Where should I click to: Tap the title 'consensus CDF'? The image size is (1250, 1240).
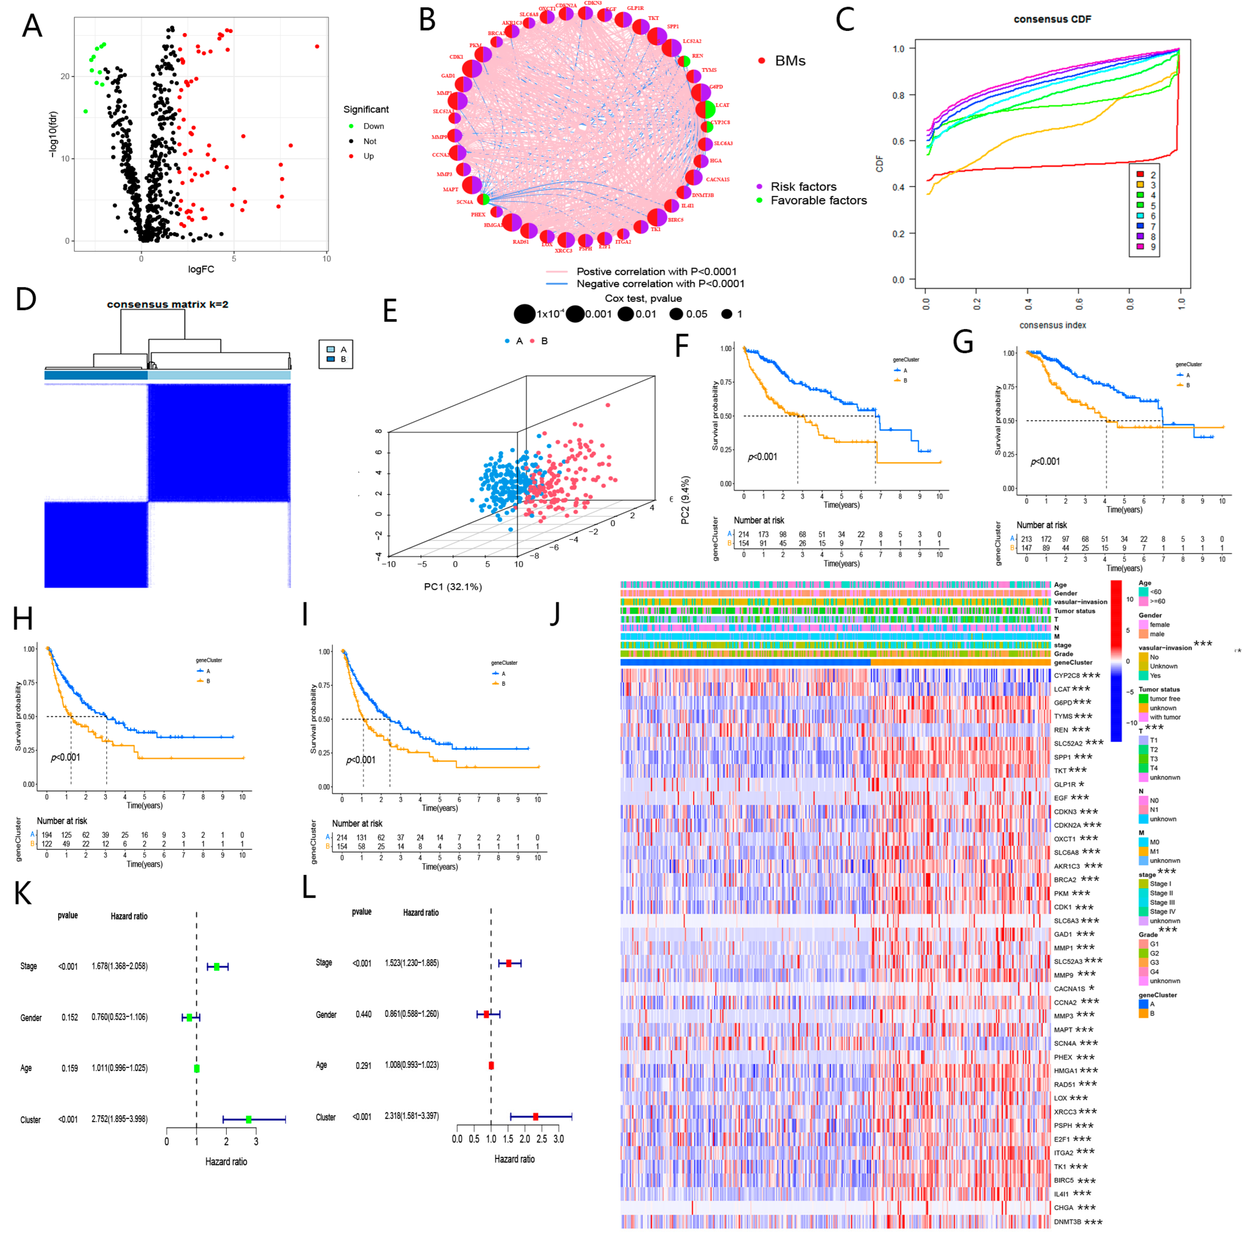1052,19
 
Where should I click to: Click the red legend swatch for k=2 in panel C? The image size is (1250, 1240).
1140,175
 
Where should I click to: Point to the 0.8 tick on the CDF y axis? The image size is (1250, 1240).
898,95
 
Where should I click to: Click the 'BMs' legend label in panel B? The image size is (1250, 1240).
790,61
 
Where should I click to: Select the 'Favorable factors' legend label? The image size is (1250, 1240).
818,201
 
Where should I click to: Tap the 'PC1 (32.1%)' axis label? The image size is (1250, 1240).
453,587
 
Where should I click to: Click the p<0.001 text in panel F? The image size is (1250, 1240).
762,457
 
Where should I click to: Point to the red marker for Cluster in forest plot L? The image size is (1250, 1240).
535,1116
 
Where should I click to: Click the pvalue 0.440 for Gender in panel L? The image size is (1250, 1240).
363,1014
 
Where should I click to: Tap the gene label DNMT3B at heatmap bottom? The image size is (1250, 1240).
1068,1222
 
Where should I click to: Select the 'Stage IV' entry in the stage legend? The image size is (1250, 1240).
1162,911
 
